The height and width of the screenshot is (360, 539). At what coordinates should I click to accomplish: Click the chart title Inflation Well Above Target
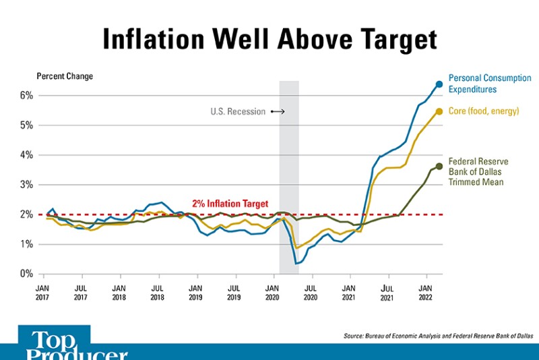(x=269, y=40)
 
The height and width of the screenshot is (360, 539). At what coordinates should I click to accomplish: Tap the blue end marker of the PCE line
(x=439, y=84)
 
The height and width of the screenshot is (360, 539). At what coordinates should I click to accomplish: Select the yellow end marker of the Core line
(x=439, y=111)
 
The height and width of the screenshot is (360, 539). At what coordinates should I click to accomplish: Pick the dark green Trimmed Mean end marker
(x=439, y=166)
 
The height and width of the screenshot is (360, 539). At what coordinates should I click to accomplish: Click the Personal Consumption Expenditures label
(x=489, y=84)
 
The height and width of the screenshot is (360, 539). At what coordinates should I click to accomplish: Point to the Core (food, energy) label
(x=483, y=111)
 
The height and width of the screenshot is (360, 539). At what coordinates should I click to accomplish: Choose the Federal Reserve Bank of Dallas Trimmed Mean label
(x=478, y=171)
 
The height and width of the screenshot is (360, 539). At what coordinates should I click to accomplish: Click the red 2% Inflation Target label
(x=230, y=204)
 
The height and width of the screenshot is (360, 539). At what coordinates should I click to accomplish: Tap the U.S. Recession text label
(x=238, y=112)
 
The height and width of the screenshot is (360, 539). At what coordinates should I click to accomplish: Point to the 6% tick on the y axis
(x=26, y=96)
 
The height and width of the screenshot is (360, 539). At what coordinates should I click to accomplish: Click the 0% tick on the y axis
(x=26, y=274)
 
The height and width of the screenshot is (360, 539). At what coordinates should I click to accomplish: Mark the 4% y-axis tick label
(x=26, y=155)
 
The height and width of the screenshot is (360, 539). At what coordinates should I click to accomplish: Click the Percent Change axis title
(x=65, y=76)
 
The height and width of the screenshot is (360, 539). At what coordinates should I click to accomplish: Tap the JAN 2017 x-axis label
(x=44, y=292)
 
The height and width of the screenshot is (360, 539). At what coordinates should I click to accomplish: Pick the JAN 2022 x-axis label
(x=426, y=292)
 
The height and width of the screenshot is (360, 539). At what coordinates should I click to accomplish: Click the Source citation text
(x=439, y=335)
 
